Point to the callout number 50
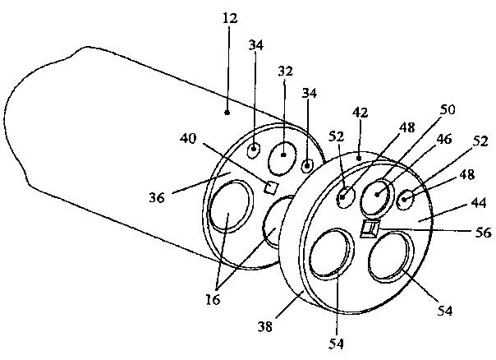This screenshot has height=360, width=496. [x=424, y=108]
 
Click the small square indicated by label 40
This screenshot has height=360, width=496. [x=269, y=187]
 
